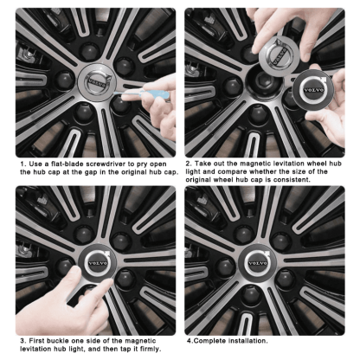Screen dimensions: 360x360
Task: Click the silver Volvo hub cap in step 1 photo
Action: coord(93,84)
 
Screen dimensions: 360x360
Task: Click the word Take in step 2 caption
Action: coord(205,164)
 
